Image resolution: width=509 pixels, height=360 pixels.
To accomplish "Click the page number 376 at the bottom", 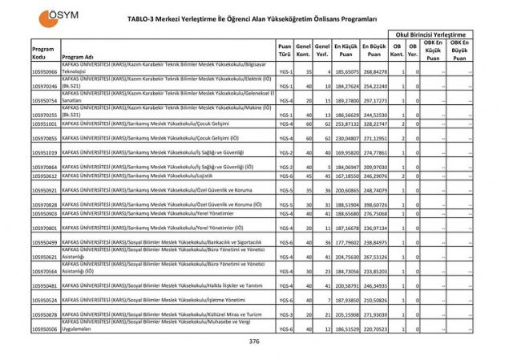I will coord(254,342).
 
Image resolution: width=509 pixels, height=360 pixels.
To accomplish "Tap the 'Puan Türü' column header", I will coord(285,51).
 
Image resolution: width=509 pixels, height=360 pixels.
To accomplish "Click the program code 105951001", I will coord(44,124).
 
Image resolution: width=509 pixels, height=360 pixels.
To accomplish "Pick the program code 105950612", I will coord(44,175).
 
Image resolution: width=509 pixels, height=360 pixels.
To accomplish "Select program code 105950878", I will coord(44,315).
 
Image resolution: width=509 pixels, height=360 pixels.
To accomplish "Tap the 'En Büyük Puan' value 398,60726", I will coord(374,204).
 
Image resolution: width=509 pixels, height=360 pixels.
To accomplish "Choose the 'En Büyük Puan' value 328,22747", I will coord(374,124).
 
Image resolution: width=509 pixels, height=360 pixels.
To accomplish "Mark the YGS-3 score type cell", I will coord(285,315).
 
